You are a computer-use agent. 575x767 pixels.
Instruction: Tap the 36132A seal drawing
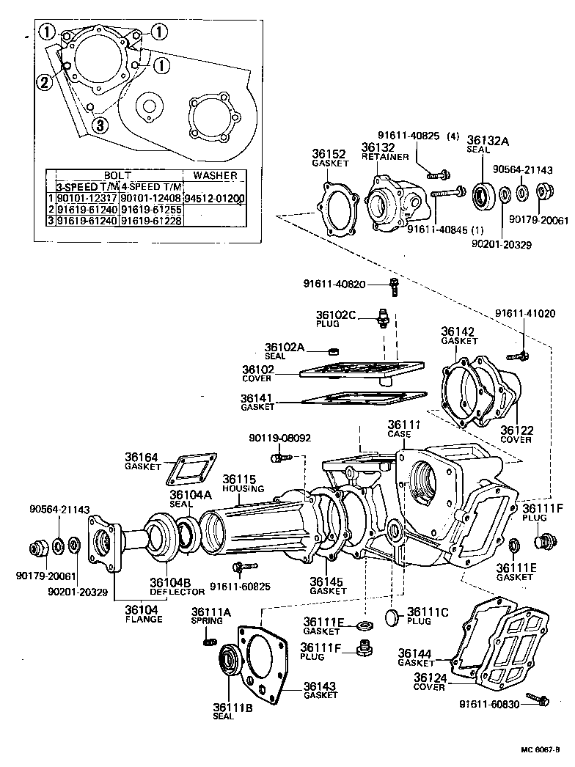pyautogui.click(x=484, y=195)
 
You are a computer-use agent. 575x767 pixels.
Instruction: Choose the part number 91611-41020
pyautogui.click(x=524, y=313)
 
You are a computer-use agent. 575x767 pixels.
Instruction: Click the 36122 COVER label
pyautogui.click(x=516, y=434)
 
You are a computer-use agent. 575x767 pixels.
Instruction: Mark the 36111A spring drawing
pyautogui.click(x=208, y=643)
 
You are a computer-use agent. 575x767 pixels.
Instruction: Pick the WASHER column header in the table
pyautogui.click(x=215, y=176)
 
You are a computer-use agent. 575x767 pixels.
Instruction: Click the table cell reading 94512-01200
pyautogui.click(x=215, y=198)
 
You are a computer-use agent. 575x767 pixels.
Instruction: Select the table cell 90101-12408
pyautogui.click(x=150, y=198)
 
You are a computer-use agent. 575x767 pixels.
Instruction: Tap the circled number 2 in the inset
pyautogui.click(x=45, y=82)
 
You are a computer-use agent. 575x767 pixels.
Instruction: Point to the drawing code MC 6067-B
pyautogui.click(x=541, y=749)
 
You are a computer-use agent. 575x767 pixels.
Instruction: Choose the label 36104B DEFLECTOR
pyautogui.click(x=177, y=586)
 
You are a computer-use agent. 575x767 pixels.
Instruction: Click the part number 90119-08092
pyautogui.click(x=279, y=438)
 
